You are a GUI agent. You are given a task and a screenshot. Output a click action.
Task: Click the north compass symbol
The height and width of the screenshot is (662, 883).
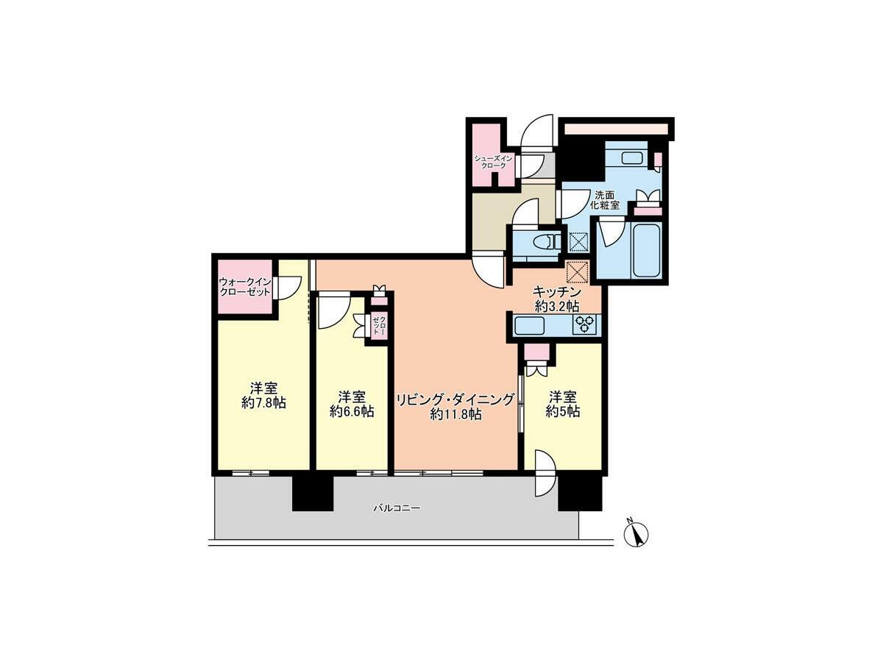(x=636, y=533)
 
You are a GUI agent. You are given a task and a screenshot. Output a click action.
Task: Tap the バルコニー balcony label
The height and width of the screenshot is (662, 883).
(x=397, y=508)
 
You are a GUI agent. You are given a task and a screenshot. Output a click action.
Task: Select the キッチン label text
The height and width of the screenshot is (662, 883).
(x=557, y=291)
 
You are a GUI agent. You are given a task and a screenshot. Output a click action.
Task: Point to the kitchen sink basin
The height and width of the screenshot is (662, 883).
(x=529, y=325)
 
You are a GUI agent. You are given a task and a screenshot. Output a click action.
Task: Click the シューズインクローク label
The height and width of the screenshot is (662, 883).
(x=493, y=162)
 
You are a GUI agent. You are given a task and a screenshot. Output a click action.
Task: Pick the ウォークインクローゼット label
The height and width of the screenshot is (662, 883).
(x=245, y=287)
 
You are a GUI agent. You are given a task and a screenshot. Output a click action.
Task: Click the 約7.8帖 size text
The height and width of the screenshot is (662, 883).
(x=264, y=403)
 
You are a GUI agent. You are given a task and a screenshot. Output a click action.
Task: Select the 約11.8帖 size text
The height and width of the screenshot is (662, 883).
(x=455, y=414)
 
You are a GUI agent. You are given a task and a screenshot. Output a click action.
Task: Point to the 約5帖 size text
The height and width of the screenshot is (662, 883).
(x=563, y=412)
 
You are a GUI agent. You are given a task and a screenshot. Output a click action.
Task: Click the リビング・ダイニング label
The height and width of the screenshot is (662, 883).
(x=455, y=399)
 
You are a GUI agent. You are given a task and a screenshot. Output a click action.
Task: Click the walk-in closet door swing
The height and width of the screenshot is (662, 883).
(x=287, y=287)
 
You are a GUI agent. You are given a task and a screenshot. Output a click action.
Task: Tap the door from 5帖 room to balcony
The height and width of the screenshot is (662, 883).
(x=545, y=474)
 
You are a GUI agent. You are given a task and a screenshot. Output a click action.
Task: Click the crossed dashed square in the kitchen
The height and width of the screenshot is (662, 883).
(x=578, y=272)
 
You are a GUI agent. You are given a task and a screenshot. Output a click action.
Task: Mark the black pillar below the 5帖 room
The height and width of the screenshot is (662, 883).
(x=580, y=493)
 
